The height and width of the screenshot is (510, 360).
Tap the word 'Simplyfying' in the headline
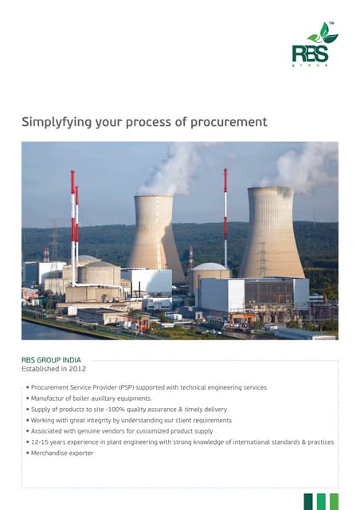(55, 122)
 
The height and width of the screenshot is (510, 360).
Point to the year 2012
(76, 369)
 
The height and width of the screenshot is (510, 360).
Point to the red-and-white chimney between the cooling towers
(225, 215)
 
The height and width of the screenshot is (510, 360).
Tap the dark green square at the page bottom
(308, 501)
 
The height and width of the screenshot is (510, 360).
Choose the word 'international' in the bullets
(241, 442)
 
